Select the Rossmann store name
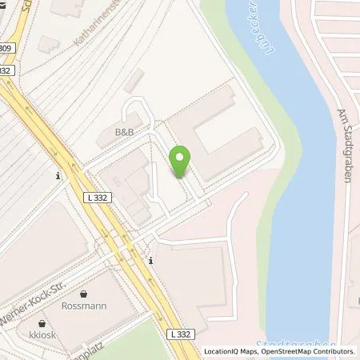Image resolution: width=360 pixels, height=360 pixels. point(84,306)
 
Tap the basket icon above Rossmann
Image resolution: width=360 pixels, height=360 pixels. point(84,294)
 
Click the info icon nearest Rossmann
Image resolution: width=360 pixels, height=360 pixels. point(151,260)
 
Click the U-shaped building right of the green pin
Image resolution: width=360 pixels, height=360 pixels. point(217,133)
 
